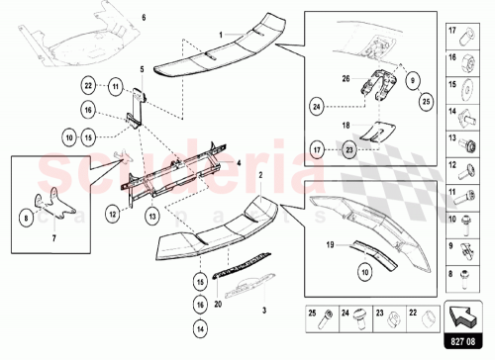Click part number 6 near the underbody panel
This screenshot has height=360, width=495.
click(x=143, y=19)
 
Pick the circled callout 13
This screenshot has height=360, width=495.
click(x=153, y=215)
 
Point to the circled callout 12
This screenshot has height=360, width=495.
click(x=114, y=210)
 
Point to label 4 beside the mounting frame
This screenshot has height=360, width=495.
click(x=238, y=159)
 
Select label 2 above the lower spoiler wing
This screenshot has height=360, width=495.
click(x=259, y=174)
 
